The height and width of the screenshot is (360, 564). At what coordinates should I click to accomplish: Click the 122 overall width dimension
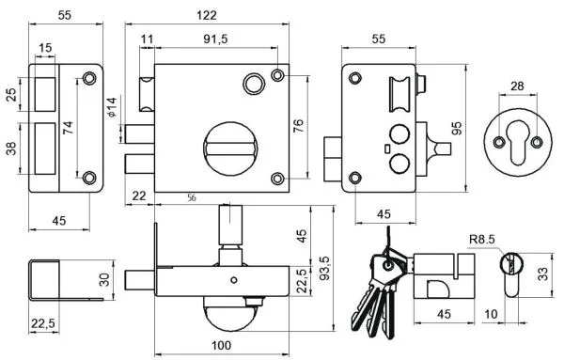coord(207,15)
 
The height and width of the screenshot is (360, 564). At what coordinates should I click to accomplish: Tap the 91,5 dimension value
coord(215,39)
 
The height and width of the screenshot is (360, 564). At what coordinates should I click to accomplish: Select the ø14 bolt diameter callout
coord(112,107)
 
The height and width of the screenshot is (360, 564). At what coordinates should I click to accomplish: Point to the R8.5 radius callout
coord(482,239)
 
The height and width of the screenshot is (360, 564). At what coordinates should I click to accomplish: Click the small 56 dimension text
coord(192,197)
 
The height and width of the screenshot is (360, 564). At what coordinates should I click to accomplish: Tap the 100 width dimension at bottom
coord(221,346)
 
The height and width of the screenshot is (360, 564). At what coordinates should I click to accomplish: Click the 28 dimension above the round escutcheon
coord(517,86)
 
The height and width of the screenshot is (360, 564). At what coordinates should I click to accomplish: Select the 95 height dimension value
coord(457,128)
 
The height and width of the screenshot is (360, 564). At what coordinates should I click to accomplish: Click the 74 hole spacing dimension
coord(68,128)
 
